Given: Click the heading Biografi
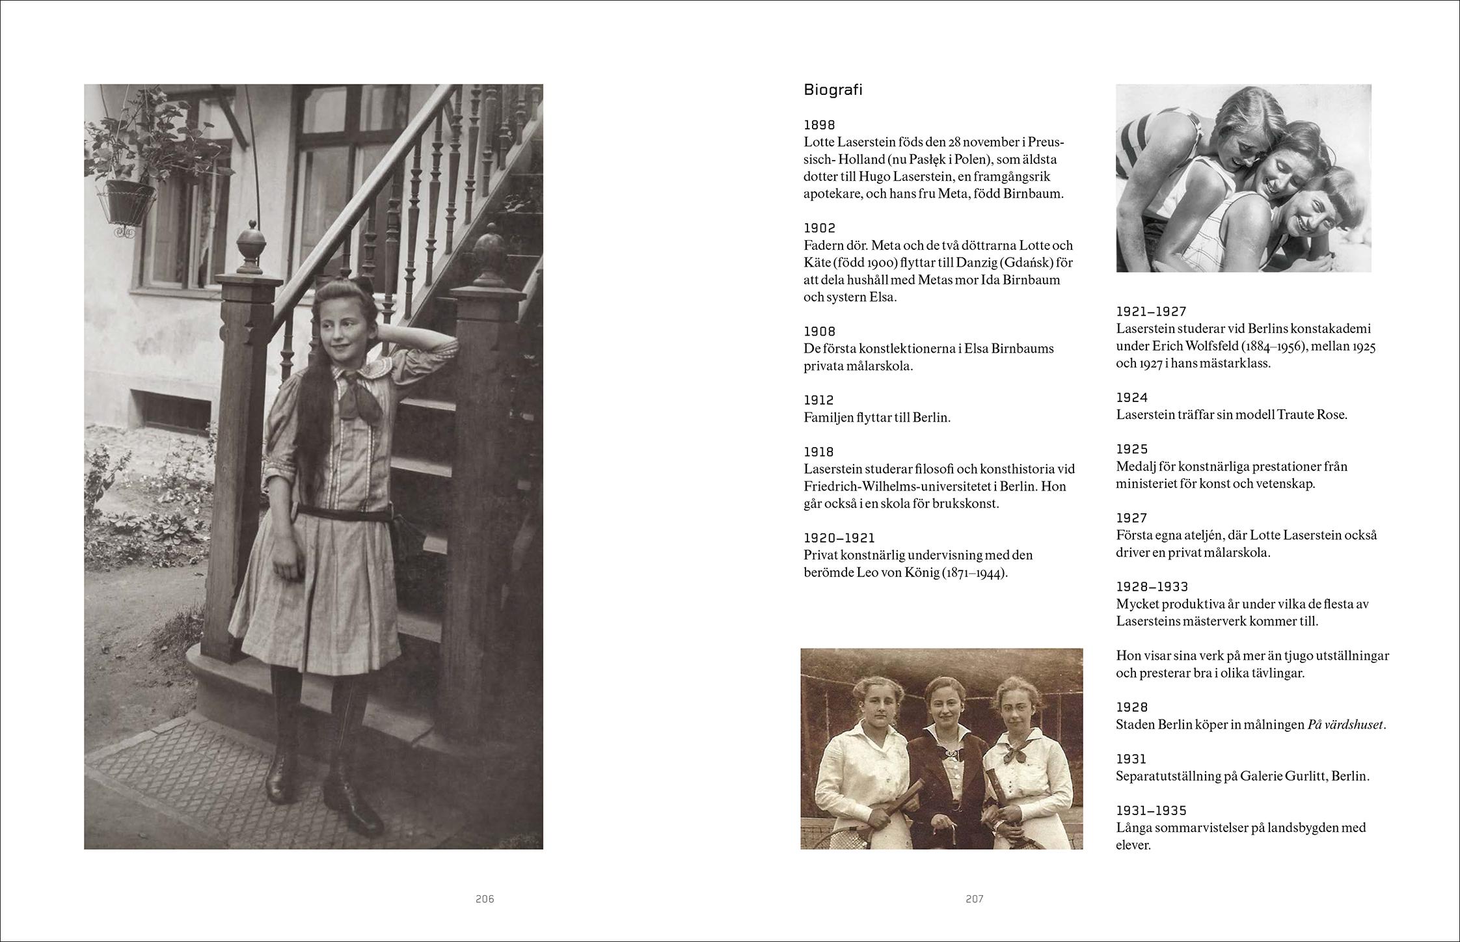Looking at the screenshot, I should [x=833, y=90].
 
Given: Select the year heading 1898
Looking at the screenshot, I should [x=819, y=125].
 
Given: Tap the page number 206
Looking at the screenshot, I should [x=485, y=899].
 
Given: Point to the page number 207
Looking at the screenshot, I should [x=974, y=899].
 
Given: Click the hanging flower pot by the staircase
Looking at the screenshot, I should [x=130, y=202].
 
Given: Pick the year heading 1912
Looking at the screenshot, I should [x=818, y=400].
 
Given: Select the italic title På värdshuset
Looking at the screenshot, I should [x=1345, y=725].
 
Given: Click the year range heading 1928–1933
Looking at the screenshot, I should [x=1152, y=587].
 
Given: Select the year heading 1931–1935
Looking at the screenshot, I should [x=1152, y=811].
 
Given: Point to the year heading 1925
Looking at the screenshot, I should [x=1132, y=450].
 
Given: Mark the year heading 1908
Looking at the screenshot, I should [x=819, y=332].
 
